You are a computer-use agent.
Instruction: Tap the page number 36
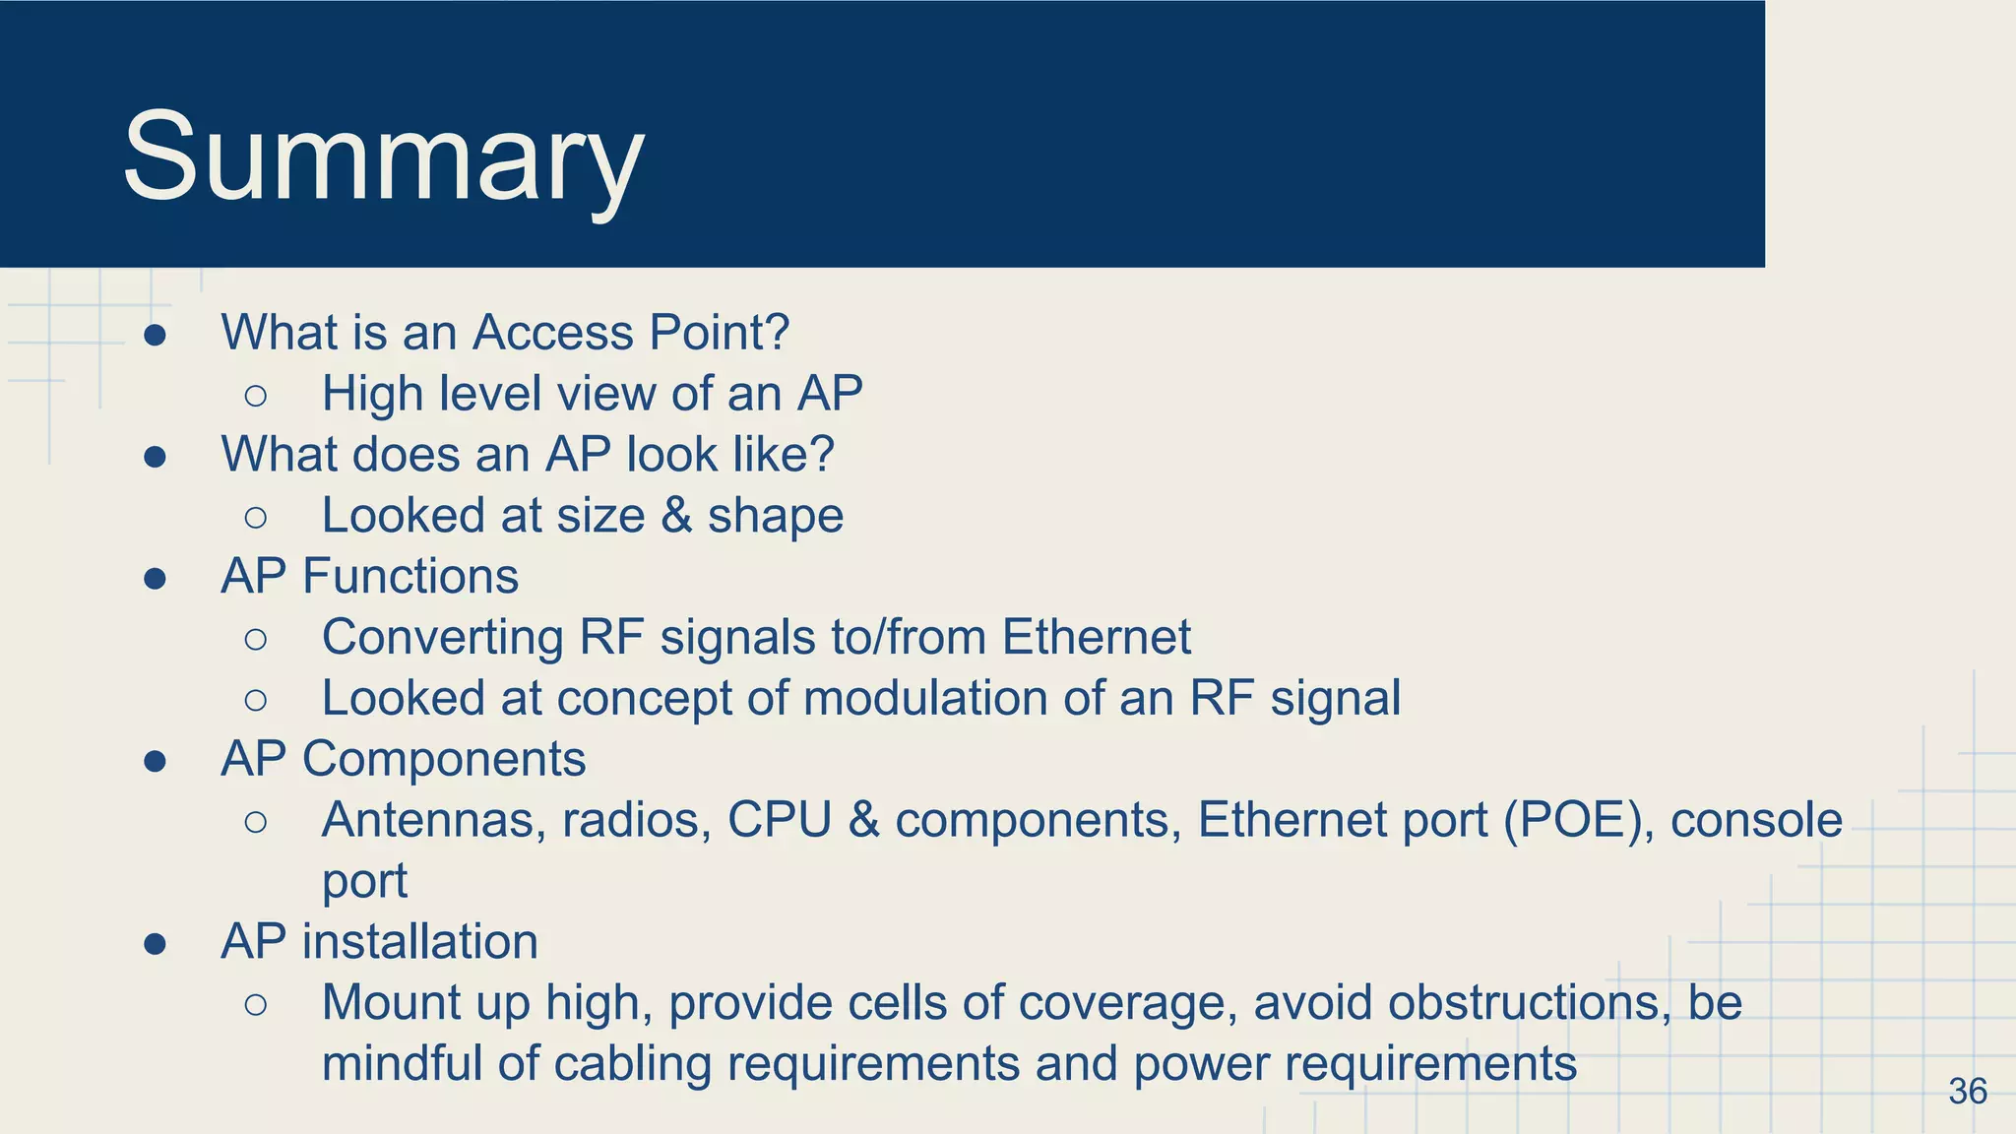click(1967, 1091)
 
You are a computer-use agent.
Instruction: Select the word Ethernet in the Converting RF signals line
click(1096, 637)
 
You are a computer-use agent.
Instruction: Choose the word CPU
click(779, 820)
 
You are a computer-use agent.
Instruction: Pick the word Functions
click(410, 576)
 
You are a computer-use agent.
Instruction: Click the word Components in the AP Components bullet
click(444, 759)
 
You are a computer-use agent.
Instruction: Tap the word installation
click(420, 942)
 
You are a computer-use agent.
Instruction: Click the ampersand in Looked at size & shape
click(676, 516)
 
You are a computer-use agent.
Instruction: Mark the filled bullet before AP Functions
click(155, 579)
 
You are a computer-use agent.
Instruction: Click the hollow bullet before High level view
click(255, 396)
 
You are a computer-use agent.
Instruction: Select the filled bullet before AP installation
click(155, 945)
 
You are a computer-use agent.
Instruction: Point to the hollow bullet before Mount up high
click(255, 1005)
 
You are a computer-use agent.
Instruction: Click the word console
click(1756, 820)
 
